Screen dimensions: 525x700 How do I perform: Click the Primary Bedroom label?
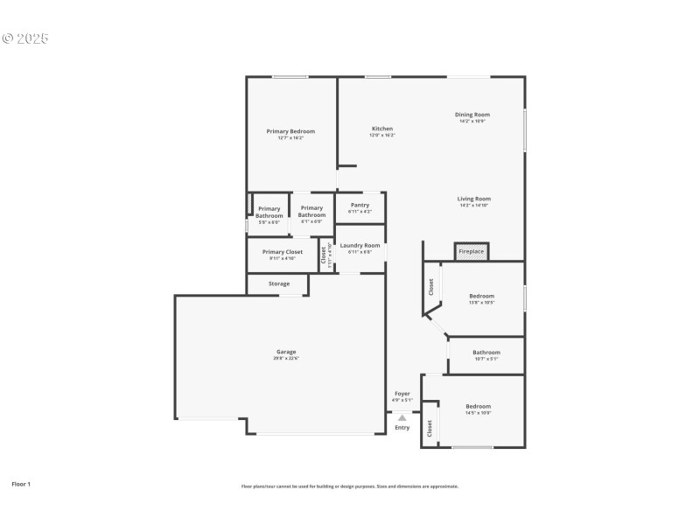pos(290,131)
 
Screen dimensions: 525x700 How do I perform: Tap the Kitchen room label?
pos(381,129)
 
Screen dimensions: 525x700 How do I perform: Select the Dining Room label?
pos(472,115)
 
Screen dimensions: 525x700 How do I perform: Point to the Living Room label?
pos(473,199)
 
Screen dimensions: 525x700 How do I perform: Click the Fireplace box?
pos(471,252)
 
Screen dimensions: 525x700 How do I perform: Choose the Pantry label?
pos(360,205)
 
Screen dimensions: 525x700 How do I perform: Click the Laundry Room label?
pos(360,246)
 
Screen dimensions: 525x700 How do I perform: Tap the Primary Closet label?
pos(282,252)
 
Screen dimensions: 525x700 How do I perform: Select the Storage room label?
pos(278,283)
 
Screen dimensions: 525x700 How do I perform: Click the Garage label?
pos(286,352)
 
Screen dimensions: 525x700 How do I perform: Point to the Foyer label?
pos(402,394)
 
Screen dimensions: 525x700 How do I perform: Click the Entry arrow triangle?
pos(402,417)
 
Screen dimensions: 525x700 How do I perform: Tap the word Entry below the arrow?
pos(402,427)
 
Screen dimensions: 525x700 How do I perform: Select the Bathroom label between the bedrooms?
pos(486,353)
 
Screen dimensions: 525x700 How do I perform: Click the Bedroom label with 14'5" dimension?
pos(478,406)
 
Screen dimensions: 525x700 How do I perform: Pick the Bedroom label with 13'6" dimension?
pos(481,296)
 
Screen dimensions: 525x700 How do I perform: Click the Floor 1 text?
pos(21,483)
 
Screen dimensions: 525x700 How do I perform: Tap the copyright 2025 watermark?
pos(25,38)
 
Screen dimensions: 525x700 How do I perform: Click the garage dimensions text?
pos(286,358)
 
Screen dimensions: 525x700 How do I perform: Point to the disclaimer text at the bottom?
pos(349,486)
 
